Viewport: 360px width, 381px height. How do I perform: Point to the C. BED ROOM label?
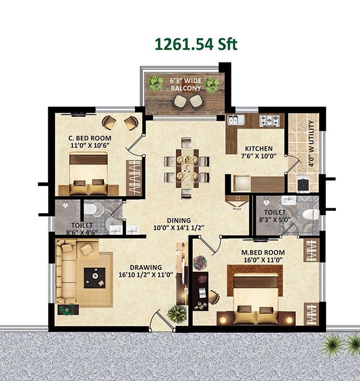(90, 141)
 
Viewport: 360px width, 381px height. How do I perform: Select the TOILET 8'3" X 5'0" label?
(274, 216)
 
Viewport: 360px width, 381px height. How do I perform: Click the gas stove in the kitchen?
(270, 120)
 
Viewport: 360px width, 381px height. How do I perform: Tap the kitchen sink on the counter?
(234, 120)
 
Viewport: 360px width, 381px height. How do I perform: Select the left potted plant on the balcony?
(156, 83)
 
